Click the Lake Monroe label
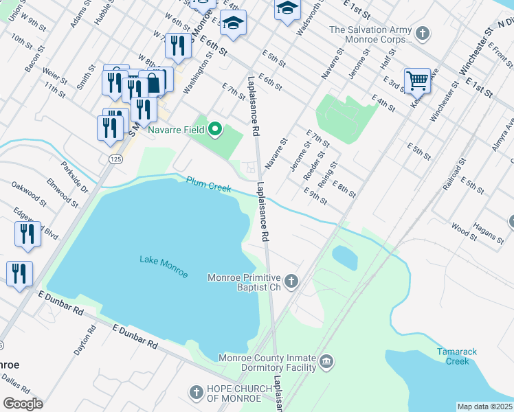pos(164,266)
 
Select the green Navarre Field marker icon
pos(215,128)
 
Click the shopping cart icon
pos(417,80)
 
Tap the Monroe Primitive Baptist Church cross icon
pos(292,281)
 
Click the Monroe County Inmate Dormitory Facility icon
pos(326,361)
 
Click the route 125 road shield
pos(115,159)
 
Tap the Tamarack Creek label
pos(457,356)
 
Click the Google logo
pos(23,403)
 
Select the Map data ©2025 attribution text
pos(484,407)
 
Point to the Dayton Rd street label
pos(82,341)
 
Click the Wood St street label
pos(464,230)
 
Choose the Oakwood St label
pos(28,194)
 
